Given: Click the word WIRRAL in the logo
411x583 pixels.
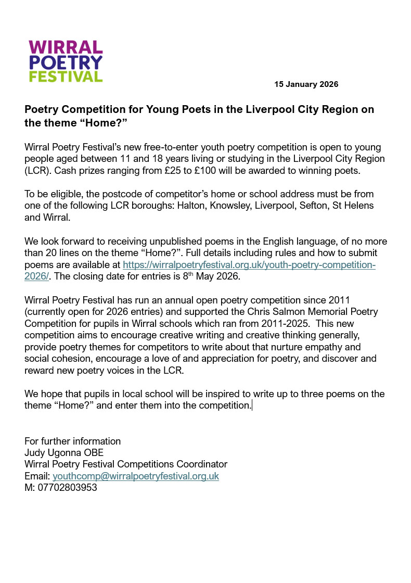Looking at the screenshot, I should (x=66, y=48).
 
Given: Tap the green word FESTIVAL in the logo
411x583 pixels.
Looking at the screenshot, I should (x=66, y=77).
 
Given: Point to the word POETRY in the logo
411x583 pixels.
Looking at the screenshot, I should (x=66, y=62).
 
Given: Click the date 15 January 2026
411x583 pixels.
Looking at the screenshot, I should (x=306, y=84).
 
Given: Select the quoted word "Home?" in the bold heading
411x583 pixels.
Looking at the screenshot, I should (x=103, y=122).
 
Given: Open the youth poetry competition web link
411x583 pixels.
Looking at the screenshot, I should (x=249, y=265).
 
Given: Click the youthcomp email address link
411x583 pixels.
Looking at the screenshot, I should (x=136, y=476).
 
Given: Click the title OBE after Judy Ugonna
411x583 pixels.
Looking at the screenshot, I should (x=94, y=453).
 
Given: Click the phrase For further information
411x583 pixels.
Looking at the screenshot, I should (x=72, y=441).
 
